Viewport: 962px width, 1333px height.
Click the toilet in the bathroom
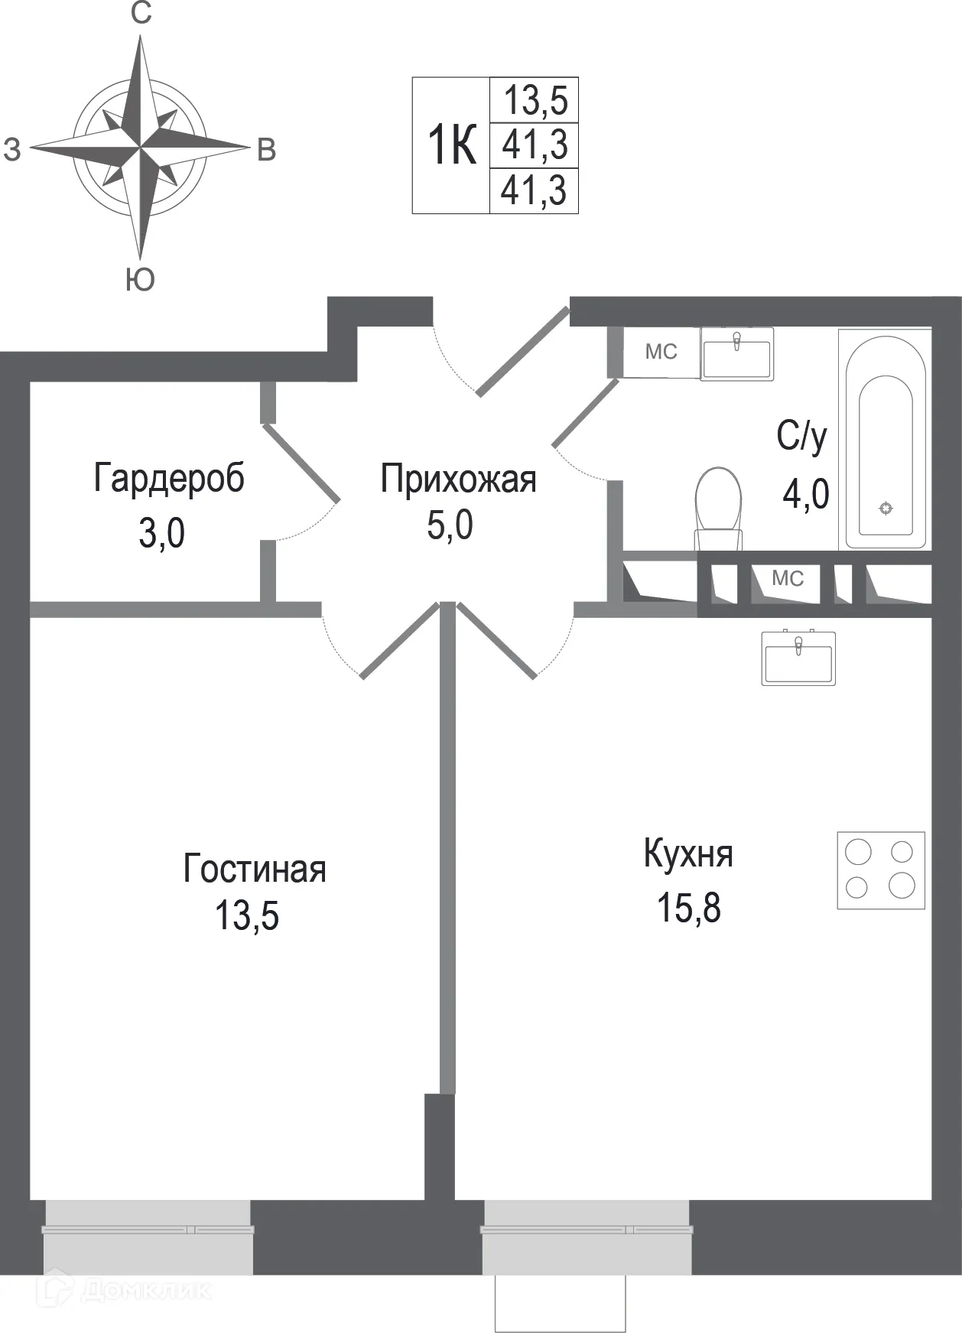pyautogui.click(x=719, y=506)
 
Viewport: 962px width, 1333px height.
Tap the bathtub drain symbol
pyautogui.click(x=886, y=508)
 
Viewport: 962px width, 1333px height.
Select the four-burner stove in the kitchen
pyautogui.click(x=880, y=870)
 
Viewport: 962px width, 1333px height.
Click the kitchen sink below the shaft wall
pyautogui.click(x=798, y=658)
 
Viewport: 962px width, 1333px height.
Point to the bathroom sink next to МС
pyautogui.click(x=736, y=353)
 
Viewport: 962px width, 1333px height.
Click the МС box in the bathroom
pyautogui.click(x=661, y=352)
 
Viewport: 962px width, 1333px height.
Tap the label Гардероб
pyautogui.click(x=169, y=479)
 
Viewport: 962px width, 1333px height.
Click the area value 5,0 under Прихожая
pyautogui.click(x=450, y=526)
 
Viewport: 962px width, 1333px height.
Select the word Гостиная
pyautogui.click(x=255, y=870)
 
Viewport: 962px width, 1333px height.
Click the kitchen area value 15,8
pyautogui.click(x=688, y=909)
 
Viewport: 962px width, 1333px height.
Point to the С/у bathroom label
pyautogui.click(x=801, y=437)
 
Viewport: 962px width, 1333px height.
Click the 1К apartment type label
pyautogui.click(x=452, y=145)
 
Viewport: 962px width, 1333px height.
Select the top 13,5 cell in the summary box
pyautogui.click(x=535, y=100)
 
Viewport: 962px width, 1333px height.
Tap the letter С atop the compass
pyautogui.click(x=141, y=13)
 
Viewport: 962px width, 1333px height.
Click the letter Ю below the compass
pyautogui.click(x=140, y=281)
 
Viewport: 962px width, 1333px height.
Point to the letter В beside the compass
pyautogui.click(x=265, y=151)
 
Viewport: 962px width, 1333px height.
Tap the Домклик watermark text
pyautogui.click(x=145, y=1291)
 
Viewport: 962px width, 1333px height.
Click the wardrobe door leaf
pyautogui.click(x=301, y=463)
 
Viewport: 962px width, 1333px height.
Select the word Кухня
pyautogui.click(x=688, y=854)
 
